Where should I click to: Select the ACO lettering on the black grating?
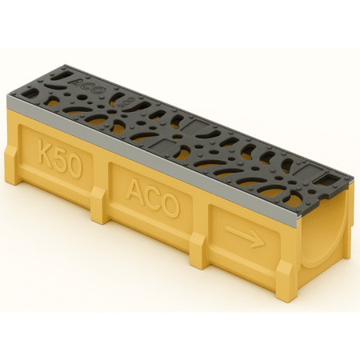(x=86, y=82)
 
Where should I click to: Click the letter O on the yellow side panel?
(x=169, y=203)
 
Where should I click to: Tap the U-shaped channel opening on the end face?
(x=335, y=240)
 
